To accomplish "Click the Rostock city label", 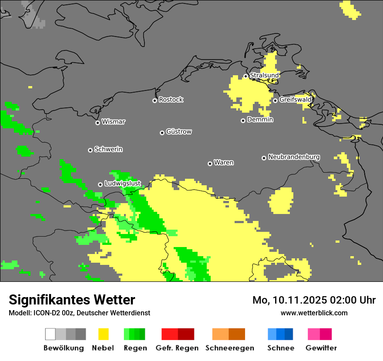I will [171, 100].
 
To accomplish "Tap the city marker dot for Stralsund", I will [245, 76].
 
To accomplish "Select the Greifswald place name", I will [295, 100].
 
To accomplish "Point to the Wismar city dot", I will [97, 123].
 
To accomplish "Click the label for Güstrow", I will [179, 131].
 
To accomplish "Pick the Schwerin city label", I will [108, 149].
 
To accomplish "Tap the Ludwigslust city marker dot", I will [100, 184].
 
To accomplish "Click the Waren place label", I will [224, 163].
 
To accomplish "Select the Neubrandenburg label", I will [294, 157].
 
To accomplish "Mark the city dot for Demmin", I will [243, 120].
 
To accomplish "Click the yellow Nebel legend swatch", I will [103, 334].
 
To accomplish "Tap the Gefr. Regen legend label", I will [177, 348].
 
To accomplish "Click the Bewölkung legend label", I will [64, 348].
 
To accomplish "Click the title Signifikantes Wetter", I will [72, 300].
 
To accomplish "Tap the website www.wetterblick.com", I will [314, 313].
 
